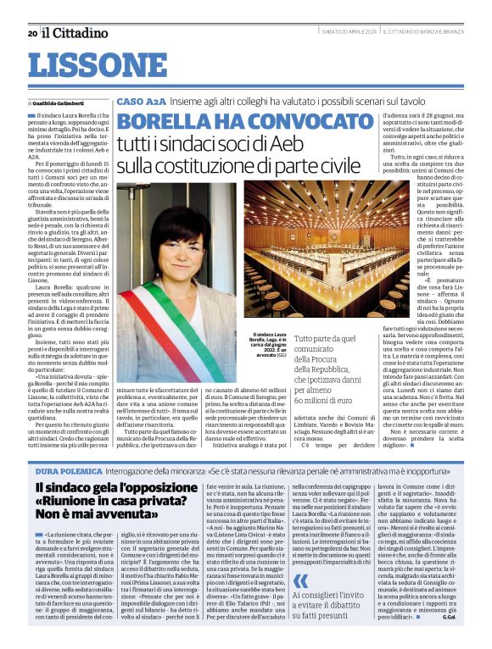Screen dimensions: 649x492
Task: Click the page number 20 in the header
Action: pos(31,34)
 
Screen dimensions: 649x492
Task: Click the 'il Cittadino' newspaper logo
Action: pos(75,33)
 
